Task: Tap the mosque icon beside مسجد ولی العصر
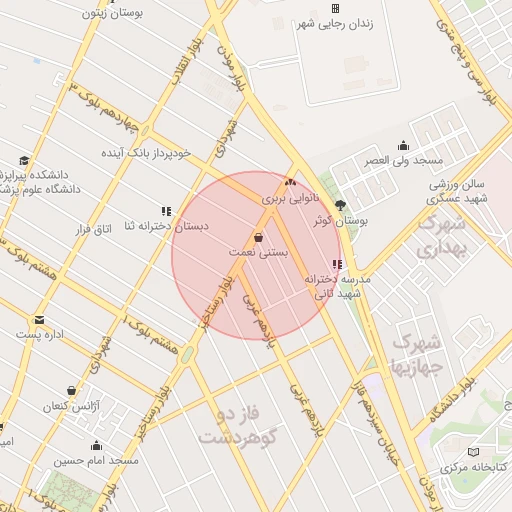tap(403, 145)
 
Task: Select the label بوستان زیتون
tap(136, 13)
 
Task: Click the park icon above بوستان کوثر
tap(340, 204)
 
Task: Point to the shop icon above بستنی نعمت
tap(260, 238)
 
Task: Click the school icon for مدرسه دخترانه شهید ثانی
tap(336, 264)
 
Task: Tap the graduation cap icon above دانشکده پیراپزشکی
tap(22, 160)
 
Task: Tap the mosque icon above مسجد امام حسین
tap(96, 445)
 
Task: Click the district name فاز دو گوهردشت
tap(236, 427)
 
